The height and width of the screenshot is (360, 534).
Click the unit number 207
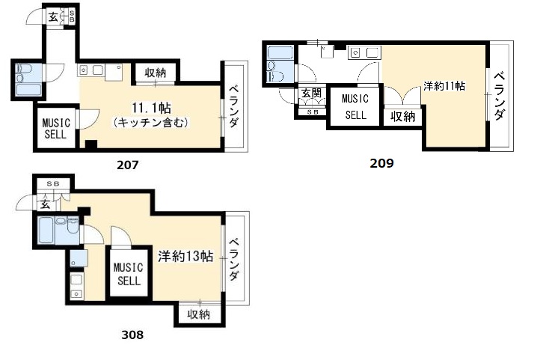coord(128,165)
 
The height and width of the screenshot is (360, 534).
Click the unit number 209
coord(381,163)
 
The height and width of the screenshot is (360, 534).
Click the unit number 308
coord(132,335)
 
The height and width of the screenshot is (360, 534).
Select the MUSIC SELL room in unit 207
coord(55,128)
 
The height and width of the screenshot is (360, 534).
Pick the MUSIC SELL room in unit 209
coord(355,107)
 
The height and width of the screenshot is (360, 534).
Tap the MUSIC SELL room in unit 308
coord(129,273)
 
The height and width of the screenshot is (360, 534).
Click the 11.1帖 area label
coord(152,109)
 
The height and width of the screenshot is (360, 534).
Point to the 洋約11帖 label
coord(444,85)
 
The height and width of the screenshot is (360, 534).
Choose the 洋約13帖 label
coord(185,256)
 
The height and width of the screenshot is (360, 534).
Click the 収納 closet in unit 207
coord(156,73)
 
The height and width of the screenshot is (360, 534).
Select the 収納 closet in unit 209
coord(403,117)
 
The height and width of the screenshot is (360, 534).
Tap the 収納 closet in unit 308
coord(199,314)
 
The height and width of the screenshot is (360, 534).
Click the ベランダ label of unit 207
coord(233,106)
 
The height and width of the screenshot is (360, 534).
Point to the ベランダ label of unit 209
coord(500,96)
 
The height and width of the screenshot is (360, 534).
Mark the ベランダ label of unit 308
coord(233,259)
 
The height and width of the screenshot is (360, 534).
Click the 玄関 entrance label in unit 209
coord(312,93)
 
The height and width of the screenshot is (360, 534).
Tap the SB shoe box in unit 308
coord(53,184)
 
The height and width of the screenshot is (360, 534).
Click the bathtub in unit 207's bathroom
coord(28,91)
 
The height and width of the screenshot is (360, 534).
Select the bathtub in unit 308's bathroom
coord(46,230)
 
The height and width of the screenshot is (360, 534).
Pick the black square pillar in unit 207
coord(91,144)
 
